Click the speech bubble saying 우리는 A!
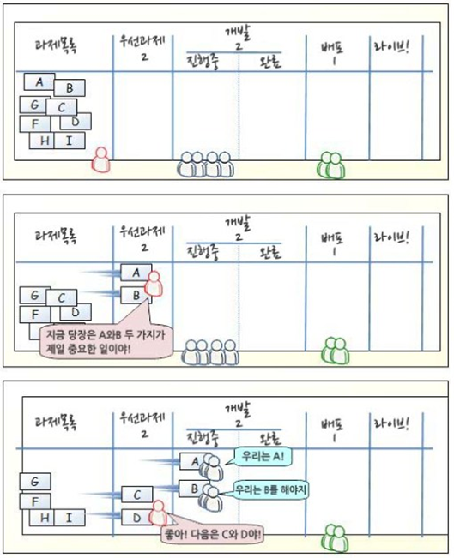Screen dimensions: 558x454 pyautogui.click(x=263, y=456)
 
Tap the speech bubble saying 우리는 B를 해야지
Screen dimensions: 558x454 pyautogui.click(x=271, y=489)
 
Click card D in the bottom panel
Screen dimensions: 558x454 pyautogui.click(x=136, y=517)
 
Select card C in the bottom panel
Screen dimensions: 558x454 pyautogui.click(x=136, y=495)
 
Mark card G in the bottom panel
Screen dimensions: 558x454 pyautogui.click(x=35, y=483)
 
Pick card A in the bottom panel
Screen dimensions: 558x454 pyautogui.click(x=194, y=461)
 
